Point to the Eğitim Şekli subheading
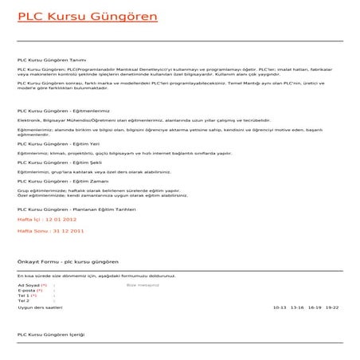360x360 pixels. click(60, 162)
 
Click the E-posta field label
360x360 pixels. click(29, 289)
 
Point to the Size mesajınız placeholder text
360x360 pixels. click(143, 284)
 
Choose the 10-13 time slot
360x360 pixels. click(279, 307)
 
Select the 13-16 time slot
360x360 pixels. click(297, 307)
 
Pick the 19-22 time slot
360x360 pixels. click(332, 307)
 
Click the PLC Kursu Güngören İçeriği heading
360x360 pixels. click(50, 335)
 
